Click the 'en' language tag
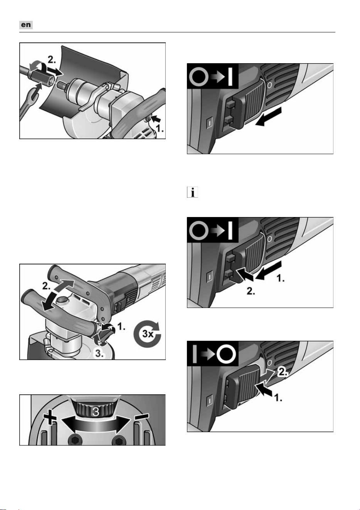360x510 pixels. [x=26, y=25]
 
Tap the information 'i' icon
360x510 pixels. [x=192, y=192]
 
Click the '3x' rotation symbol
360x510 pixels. [x=147, y=334]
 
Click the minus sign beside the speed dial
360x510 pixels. [x=141, y=416]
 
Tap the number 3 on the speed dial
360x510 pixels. [x=96, y=411]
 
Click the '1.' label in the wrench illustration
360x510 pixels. [x=160, y=129]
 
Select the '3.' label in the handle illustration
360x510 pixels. [x=99, y=353]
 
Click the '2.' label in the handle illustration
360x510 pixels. [x=46, y=286]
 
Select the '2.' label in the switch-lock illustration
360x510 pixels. [x=251, y=291]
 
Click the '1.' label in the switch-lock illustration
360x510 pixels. [x=281, y=278]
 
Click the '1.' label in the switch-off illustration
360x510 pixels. [x=278, y=398]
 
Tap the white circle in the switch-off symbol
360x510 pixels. [x=226, y=355]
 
